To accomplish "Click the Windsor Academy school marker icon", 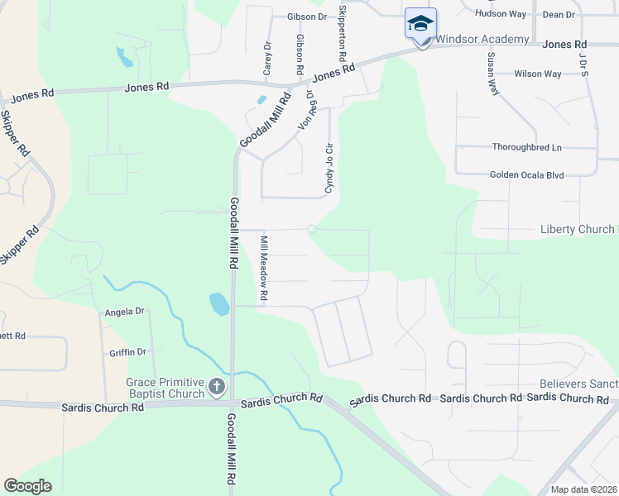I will pyautogui.click(x=420, y=24).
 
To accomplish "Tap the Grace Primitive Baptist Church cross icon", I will pyautogui.click(x=216, y=386).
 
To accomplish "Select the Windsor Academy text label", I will pyautogui.click(x=482, y=40).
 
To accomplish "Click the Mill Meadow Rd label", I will pyautogui.click(x=265, y=267).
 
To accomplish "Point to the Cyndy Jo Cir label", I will pyautogui.click(x=329, y=169).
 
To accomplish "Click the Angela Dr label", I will pyautogui.click(x=125, y=312).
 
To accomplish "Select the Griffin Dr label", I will pyautogui.click(x=127, y=352).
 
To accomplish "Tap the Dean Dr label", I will pyautogui.click(x=559, y=14).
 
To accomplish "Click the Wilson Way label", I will pyautogui.click(x=538, y=74).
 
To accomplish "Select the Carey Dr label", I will pyautogui.click(x=267, y=59).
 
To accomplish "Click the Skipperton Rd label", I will pyautogui.click(x=342, y=35).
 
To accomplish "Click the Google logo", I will pyautogui.click(x=27, y=486).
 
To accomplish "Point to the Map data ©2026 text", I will pyautogui.click(x=583, y=489).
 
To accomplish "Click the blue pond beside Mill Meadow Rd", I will pyautogui.click(x=219, y=303).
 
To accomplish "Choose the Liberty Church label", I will pyautogui.click(x=578, y=229).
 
